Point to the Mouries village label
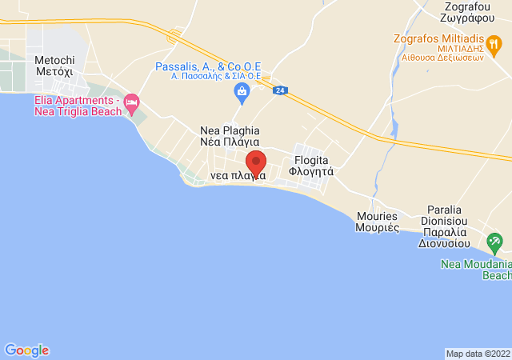coord(378,222)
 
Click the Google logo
coord(27,350)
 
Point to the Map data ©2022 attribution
coord(478,354)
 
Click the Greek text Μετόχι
coord(54,71)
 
